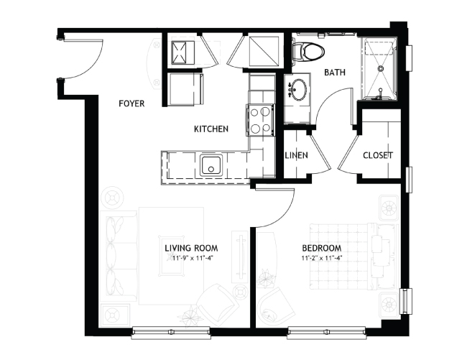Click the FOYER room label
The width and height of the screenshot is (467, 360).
click(131, 103)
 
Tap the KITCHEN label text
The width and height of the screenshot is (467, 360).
click(211, 129)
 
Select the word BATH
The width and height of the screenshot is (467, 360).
click(335, 73)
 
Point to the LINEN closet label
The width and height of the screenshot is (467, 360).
click(296, 155)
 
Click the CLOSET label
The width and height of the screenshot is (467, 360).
click(378, 155)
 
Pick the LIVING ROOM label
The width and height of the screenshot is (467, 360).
click(192, 248)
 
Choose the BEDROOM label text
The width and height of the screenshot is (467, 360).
click(322, 248)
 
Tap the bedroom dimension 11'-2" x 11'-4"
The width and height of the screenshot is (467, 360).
click(322, 258)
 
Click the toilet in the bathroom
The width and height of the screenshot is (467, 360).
click(308, 51)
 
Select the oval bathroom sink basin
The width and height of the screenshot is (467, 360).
click(297, 88)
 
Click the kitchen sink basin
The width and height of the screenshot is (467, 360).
click(211, 165)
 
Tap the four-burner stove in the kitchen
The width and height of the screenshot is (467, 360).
click(260, 120)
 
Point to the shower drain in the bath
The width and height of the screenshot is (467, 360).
click(380, 68)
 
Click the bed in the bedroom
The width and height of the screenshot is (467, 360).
click(353, 256)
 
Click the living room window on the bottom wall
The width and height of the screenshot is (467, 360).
click(171, 332)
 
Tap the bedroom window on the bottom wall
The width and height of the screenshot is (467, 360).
click(326, 332)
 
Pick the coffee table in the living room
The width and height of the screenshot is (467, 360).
click(172, 256)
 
